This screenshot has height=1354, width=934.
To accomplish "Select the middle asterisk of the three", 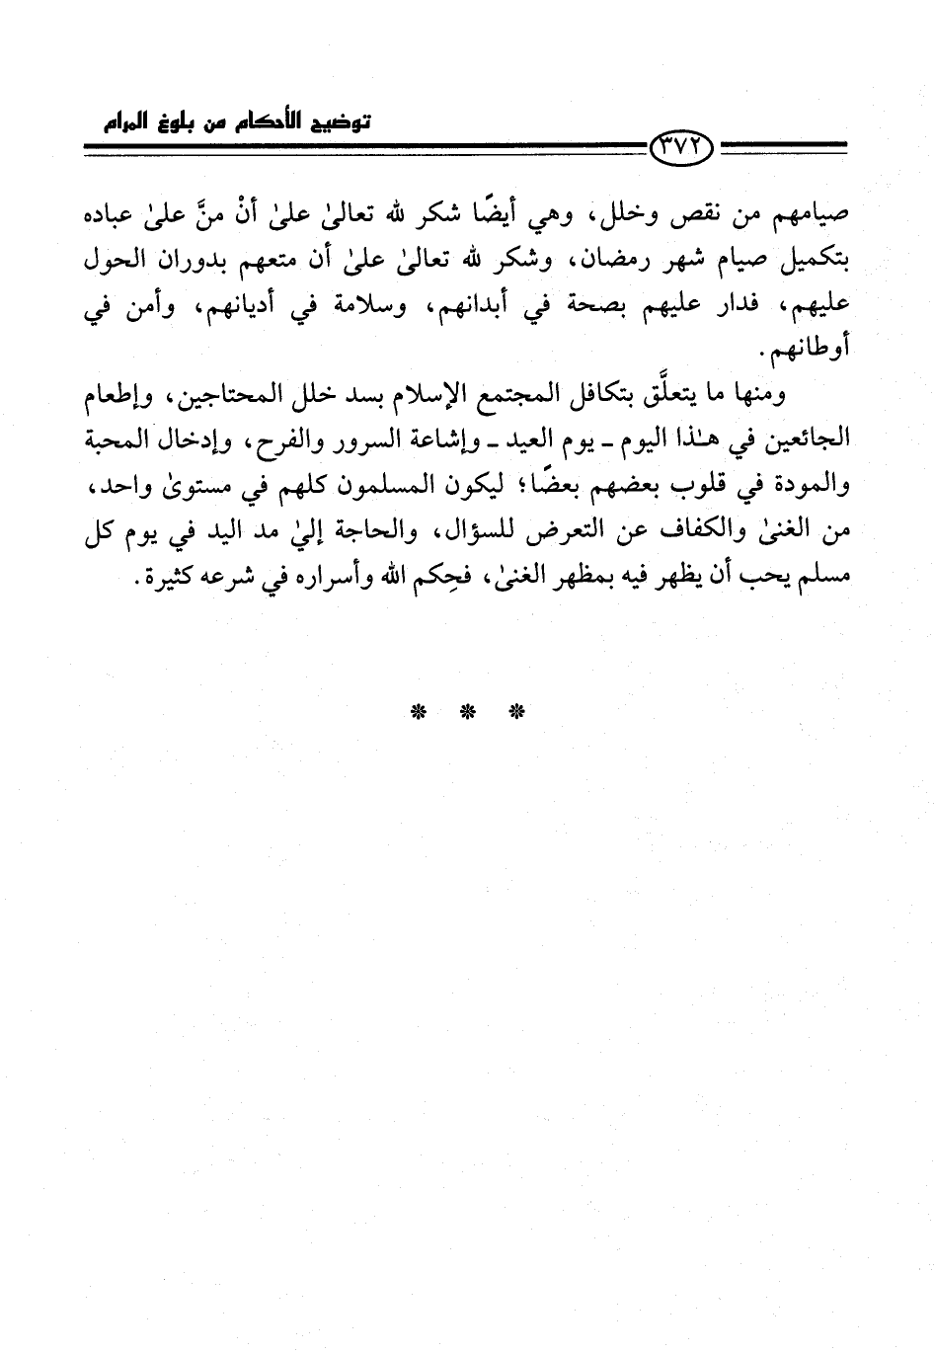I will click(467, 711).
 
